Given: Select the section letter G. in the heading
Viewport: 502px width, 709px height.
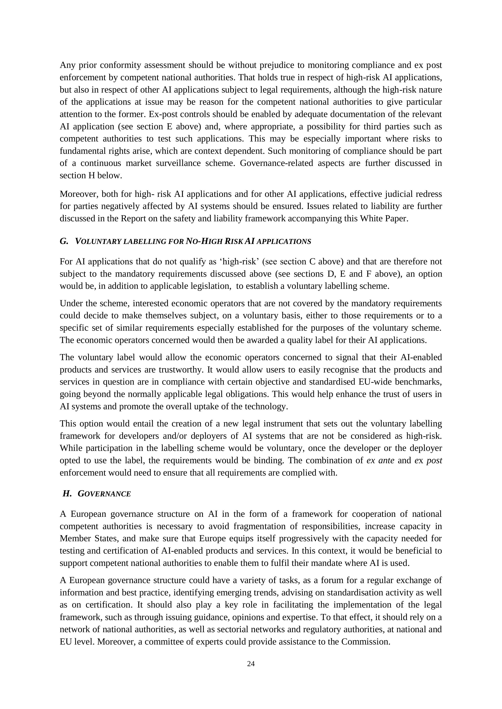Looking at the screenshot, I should pos(64,241).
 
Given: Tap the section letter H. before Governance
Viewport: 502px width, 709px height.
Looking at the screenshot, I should pos(67,494).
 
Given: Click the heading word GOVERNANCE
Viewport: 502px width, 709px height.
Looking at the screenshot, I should pos(104,494).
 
